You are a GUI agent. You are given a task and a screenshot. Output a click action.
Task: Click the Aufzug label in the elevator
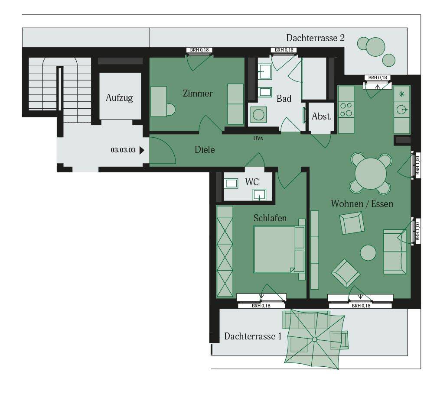pyautogui.click(x=119, y=98)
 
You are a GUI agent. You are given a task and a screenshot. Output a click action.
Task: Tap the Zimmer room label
pyautogui.click(x=198, y=93)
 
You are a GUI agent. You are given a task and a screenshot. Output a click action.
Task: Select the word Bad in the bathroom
pyautogui.click(x=284, y=99)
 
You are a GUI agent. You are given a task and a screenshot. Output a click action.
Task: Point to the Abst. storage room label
pyautogui.click(x=322, y=116)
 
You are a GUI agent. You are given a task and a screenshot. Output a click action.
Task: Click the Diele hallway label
pyautogui.click(x=205, y=150)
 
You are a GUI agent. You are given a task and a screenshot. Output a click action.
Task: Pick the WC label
pyautogui.click(x=252, y=182)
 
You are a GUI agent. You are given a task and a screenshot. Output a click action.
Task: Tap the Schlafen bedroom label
pyautogui.click(x=270, y=218)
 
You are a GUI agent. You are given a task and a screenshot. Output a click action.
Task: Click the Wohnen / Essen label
pyautogui.click(x=362, y=203)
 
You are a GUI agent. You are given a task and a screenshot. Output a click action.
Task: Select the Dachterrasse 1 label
pyautogui.click(x=253, y=336)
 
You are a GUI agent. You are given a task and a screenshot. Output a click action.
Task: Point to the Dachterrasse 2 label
pyautogui.click(x=315, y=38)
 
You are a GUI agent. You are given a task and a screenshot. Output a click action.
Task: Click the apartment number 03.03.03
pyautogui.click(x=123, y=150)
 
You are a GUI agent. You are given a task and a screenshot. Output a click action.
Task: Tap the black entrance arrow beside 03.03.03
pyautogui.click(x=142, y=150)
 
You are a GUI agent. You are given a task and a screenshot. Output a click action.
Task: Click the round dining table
pyautogui.click(x=371, y=173)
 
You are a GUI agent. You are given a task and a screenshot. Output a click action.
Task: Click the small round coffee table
pyautogui.click(x=368, y=253)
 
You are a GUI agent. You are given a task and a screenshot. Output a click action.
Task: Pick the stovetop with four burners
pyautogui.click(x=346, y=110)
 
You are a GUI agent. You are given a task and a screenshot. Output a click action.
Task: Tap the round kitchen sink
pyautogui.click(x=401, y=110)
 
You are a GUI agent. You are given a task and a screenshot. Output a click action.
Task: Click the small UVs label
pyautogui.click(x=258, y=138)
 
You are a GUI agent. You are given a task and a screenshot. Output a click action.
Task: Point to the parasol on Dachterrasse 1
pyautogui.click(x=315, y=339)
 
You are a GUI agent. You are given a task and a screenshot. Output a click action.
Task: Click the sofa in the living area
pyautogui.click(x=395, y=252)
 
